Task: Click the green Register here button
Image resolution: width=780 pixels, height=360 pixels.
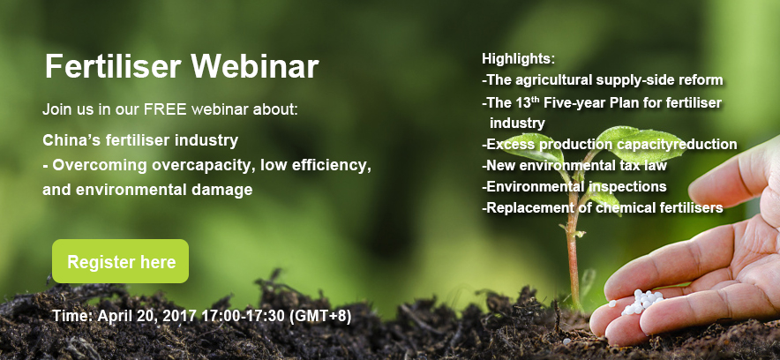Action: (120, 261)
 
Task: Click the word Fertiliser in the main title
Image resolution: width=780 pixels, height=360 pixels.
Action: (113, 66)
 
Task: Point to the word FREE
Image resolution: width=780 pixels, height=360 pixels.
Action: (165, 109)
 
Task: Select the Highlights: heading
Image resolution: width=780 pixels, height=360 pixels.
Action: (518, 58)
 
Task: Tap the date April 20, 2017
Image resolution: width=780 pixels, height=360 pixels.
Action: (148, 316)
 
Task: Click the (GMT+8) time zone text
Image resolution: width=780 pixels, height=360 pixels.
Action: (320, 316)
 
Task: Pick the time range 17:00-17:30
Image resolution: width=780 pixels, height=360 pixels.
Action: (244, 316)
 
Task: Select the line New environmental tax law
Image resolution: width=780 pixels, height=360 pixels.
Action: (574, 165)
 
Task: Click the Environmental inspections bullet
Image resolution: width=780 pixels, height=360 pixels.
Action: (574, 186)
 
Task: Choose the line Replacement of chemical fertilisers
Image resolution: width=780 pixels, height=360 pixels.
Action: (603, 208)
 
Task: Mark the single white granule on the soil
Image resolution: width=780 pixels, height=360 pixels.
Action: (566, 341)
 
